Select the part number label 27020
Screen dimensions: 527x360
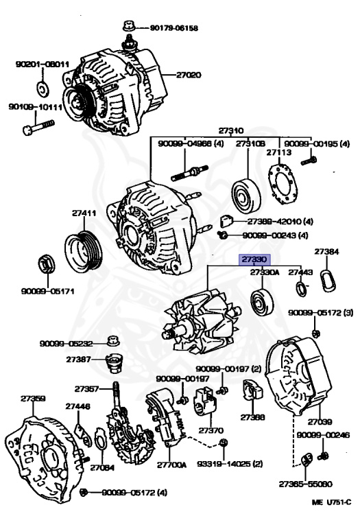[x=189, y=75]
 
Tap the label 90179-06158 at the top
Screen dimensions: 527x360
[x=173, y=28]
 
